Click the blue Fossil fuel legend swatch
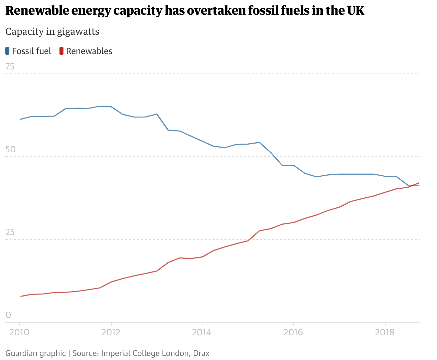coord(8,51)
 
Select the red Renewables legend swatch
coord(61,51)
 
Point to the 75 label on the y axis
coord(10,67)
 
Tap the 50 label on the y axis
coord(10,149)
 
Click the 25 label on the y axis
coord(10,232)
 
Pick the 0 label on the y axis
coord(8,315)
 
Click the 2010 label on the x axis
coord(20,332)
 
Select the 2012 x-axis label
coord(111,332)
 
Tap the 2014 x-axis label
coord(202,332)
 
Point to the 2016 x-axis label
coord(293,332)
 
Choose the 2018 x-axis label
coord(385,332)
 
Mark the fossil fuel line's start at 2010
coord(20,119)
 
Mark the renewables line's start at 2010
coord(20,296)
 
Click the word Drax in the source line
coord(201,353)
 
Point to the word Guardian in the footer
coord(19,353)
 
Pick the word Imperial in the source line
coord(115,353)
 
